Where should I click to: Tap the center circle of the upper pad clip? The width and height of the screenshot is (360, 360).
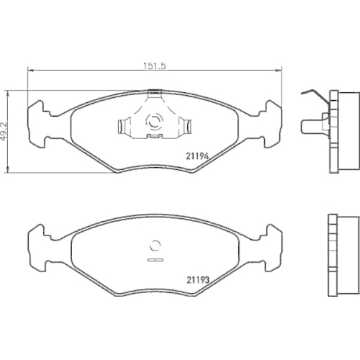(154, 121)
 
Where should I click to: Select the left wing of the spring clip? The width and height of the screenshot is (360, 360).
(125, 127)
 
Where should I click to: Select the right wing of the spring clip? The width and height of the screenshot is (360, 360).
(184, 127)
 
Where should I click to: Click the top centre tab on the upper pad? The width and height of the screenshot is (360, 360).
(154, 92)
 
